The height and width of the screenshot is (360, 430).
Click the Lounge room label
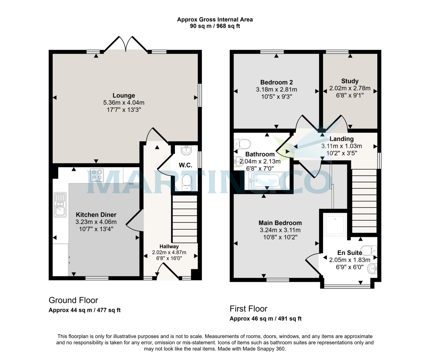coord(124,96)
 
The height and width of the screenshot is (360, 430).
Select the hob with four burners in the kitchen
coord(97,175)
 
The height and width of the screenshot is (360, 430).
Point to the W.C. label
coord(186,165)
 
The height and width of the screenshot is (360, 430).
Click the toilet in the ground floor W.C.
coord(187,183)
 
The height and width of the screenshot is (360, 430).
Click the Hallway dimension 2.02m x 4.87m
coord(169,252)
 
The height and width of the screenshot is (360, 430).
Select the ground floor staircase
coord(185,219)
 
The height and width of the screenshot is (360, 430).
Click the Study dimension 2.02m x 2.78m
coord(350,88)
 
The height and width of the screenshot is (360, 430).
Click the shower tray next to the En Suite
coord(335,224)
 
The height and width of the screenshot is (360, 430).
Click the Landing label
coord(341,139)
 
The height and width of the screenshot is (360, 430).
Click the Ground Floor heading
coord(73,300)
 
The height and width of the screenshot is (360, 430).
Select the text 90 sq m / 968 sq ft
coord(215,26)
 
